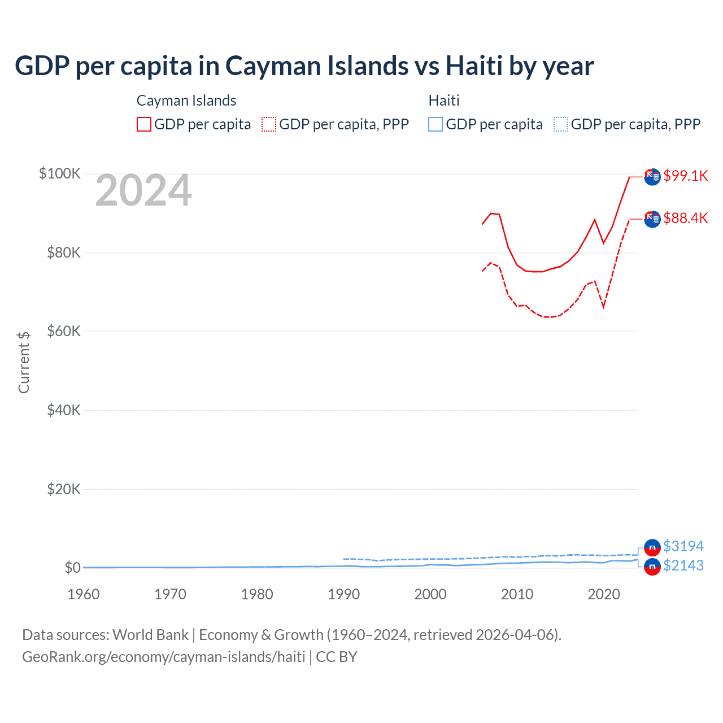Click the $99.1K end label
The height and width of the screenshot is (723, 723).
click(685, 176)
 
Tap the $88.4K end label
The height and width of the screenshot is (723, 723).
click(685, 218)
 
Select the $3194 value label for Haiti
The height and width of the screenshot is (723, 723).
click(683, 546)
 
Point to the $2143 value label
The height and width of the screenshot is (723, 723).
click(683, 565)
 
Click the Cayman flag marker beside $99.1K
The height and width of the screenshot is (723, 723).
click(652, 176)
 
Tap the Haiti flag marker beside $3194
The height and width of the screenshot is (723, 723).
click(652, 547)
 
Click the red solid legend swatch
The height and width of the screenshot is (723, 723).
click(144, 124)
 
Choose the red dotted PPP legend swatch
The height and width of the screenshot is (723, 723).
click(269, 124)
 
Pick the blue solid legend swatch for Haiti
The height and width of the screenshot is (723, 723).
click(435, 124)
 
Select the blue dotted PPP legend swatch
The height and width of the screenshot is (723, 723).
click(561, 124)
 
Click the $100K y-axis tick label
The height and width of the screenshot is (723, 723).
click(59, 173)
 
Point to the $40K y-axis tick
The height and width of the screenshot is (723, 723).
click(64, 410)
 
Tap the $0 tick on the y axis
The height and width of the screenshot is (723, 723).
click(72, 568)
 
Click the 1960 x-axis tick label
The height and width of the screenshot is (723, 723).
click(84, 594)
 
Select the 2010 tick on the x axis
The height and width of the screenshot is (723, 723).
click(517, 594)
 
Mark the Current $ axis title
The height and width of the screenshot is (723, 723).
click(24, 363)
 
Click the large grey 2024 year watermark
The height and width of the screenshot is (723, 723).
click(143, 191)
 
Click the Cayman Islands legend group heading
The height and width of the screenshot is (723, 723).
click(186, 101)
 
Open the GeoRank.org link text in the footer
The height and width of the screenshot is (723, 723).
click(164, 657)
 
